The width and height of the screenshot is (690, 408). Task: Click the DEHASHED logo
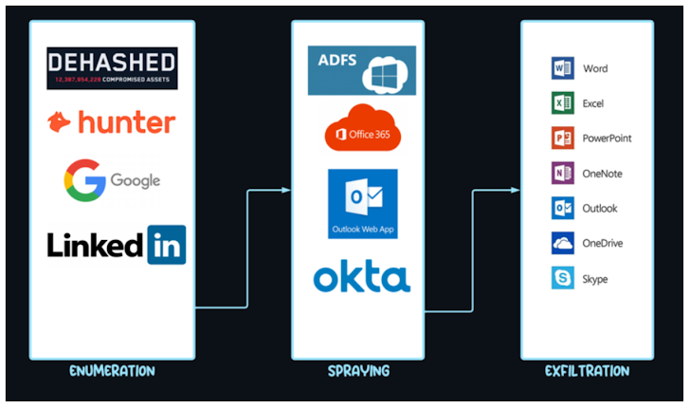tap(112, 68)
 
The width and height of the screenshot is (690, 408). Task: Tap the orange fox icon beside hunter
tap(60, 122)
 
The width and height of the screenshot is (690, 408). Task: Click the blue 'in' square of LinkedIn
tap(166, 245)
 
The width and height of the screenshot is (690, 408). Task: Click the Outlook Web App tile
tap(362, 204)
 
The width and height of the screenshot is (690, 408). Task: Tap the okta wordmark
tap(361, 278)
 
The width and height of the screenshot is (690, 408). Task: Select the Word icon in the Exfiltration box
tap(562, 68)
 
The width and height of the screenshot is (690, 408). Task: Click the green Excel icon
tap(562, 103)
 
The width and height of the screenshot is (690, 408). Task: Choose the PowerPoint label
tap(608, 139)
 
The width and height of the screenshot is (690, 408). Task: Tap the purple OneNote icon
tap(562, 174)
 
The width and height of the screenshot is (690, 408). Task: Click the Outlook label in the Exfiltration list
tap(600, 209)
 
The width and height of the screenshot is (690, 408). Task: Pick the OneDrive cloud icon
tap(562, 244)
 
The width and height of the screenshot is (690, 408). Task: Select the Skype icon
tap(562, 279)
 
